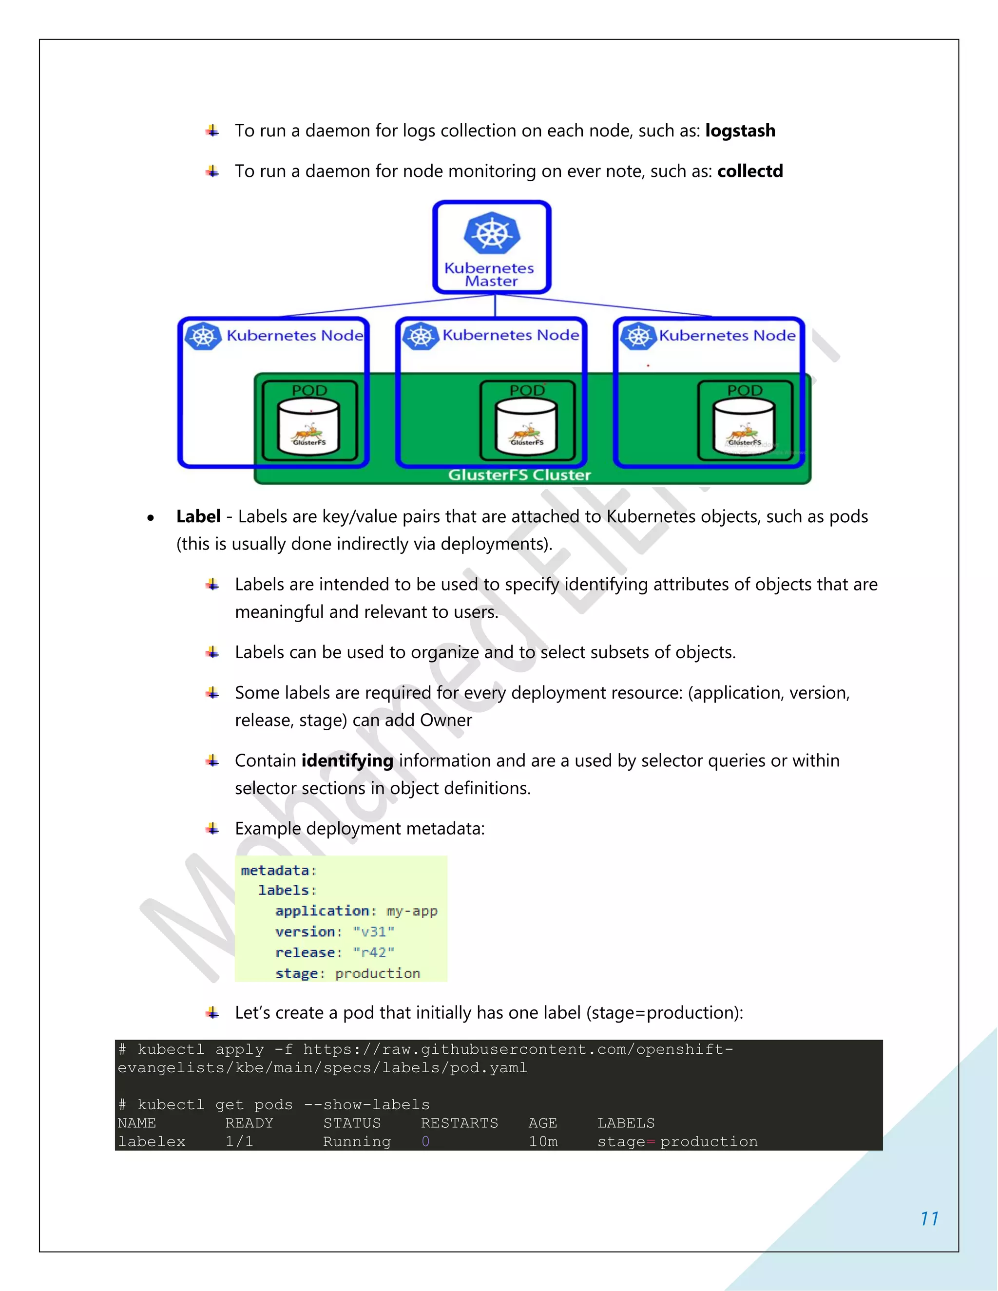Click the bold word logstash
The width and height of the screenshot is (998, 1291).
[740, 131]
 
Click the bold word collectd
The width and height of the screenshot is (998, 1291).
[749, 171]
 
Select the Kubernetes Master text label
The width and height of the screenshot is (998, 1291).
[490, 275]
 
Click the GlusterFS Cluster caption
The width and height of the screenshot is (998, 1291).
[519, 475]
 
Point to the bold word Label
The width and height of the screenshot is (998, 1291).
[198, 516]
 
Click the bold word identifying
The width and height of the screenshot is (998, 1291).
[347, 761]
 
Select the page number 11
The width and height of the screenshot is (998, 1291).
[929, 1219]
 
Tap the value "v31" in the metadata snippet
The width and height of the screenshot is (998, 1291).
[374, 932]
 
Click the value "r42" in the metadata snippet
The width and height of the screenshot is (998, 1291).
[374, 953]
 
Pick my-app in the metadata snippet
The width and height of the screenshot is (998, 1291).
[412, 911]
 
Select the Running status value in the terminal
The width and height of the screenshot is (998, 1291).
[357, 1142]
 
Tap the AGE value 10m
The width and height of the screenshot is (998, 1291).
[543, 1142]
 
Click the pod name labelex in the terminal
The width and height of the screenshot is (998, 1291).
[152, 1142]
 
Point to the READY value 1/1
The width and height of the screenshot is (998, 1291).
[239, 1142]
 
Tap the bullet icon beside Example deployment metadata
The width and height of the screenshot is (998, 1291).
[212, 829]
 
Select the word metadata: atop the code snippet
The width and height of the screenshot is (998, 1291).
[278, 871]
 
